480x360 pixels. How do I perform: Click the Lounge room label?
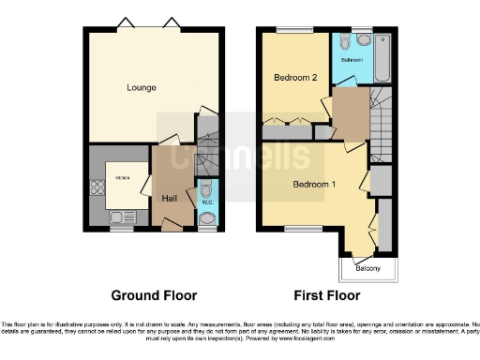tap(142, 88)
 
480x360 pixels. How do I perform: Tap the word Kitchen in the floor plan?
tap(122, 177)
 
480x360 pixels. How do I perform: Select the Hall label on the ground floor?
tap(170, 199)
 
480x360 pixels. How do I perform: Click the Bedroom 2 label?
tap(292, 77)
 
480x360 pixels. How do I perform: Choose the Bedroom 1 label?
tap(314, 184)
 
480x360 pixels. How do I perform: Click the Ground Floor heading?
tap(155, 295)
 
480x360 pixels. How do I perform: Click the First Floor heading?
tap(328, 295)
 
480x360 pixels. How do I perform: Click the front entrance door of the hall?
tap(171, 224)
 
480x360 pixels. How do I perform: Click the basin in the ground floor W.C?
tap(207, 219)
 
